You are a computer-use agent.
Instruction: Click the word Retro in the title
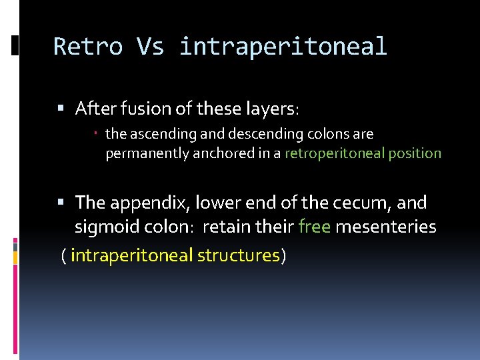click(x=88, y=47)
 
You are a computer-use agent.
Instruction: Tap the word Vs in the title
click(x=150, y=47)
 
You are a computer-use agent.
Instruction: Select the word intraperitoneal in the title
click(x=283, y=47)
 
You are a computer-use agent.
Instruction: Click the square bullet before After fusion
click(x=61, y=108)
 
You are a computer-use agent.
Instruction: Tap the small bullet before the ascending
click(x=96, y=133)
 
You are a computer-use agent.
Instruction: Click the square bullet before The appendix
click(x=61, y=202)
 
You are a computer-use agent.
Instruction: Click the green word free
click(x=315, y=227)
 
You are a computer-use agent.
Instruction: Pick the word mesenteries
click(x=386, y=227)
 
